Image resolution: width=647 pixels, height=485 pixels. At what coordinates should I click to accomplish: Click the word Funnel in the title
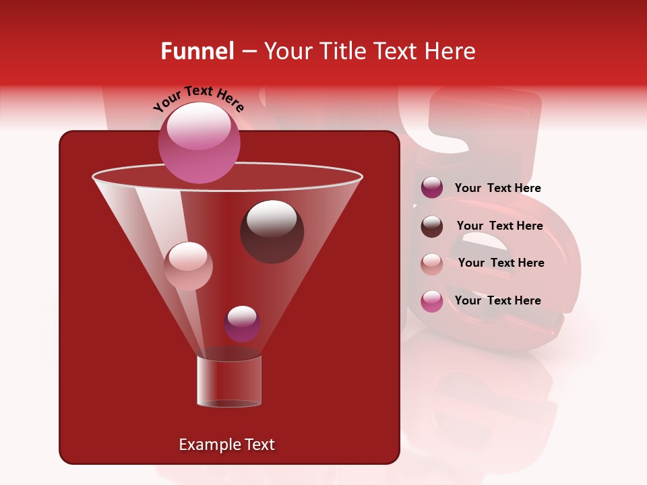click(197, 51)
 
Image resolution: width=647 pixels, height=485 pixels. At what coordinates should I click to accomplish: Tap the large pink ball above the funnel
click(199, 142)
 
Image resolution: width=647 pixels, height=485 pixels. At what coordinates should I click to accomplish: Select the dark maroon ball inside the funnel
click(272, 231)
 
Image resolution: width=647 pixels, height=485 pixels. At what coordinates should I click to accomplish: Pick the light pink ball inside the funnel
click(188, 266)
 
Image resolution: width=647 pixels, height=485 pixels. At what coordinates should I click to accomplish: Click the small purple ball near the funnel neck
click(242, 323)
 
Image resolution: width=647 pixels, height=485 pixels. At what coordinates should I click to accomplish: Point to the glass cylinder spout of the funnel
click(228, 381)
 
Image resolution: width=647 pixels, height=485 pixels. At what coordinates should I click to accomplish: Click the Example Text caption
click(226, 445)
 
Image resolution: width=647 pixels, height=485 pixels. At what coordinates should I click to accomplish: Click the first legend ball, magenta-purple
click(432, 188)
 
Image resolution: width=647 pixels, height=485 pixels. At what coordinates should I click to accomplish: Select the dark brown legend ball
click(432, 226)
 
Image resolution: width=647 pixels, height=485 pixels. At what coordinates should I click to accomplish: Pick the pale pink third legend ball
click(432, 263)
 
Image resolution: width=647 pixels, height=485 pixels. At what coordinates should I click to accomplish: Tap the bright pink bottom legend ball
click(432, 300)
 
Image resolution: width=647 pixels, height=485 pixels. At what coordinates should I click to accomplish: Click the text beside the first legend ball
click(497, 188)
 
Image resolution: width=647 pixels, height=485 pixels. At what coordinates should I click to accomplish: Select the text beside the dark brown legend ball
click(499, 226)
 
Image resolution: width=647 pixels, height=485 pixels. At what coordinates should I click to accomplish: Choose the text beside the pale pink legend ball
click(501, 263)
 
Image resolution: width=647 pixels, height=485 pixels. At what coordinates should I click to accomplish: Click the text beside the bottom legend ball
click(497, 300)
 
